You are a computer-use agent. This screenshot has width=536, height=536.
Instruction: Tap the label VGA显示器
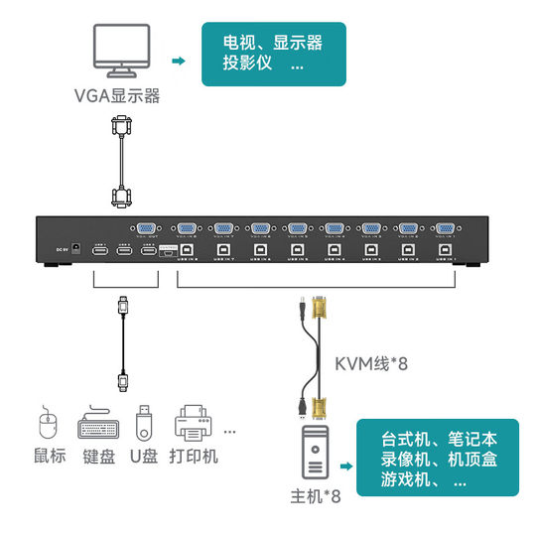pos(117,96)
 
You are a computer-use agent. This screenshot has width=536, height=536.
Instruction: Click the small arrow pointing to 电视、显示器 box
pos(178,62)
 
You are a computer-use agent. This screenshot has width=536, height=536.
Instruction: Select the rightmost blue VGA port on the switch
pos(444,229)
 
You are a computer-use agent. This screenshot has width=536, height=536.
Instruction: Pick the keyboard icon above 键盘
pos(98,427)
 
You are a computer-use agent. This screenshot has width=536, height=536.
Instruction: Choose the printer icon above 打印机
pos(195,426)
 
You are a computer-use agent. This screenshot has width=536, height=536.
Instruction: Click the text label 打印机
pos(194,458)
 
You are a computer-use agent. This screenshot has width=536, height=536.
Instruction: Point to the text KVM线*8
pos(371,363)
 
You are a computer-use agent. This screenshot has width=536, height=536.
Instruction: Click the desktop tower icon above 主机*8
pos(315,460)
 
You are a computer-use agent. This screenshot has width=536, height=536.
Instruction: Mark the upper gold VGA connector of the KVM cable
pos(320,308)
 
